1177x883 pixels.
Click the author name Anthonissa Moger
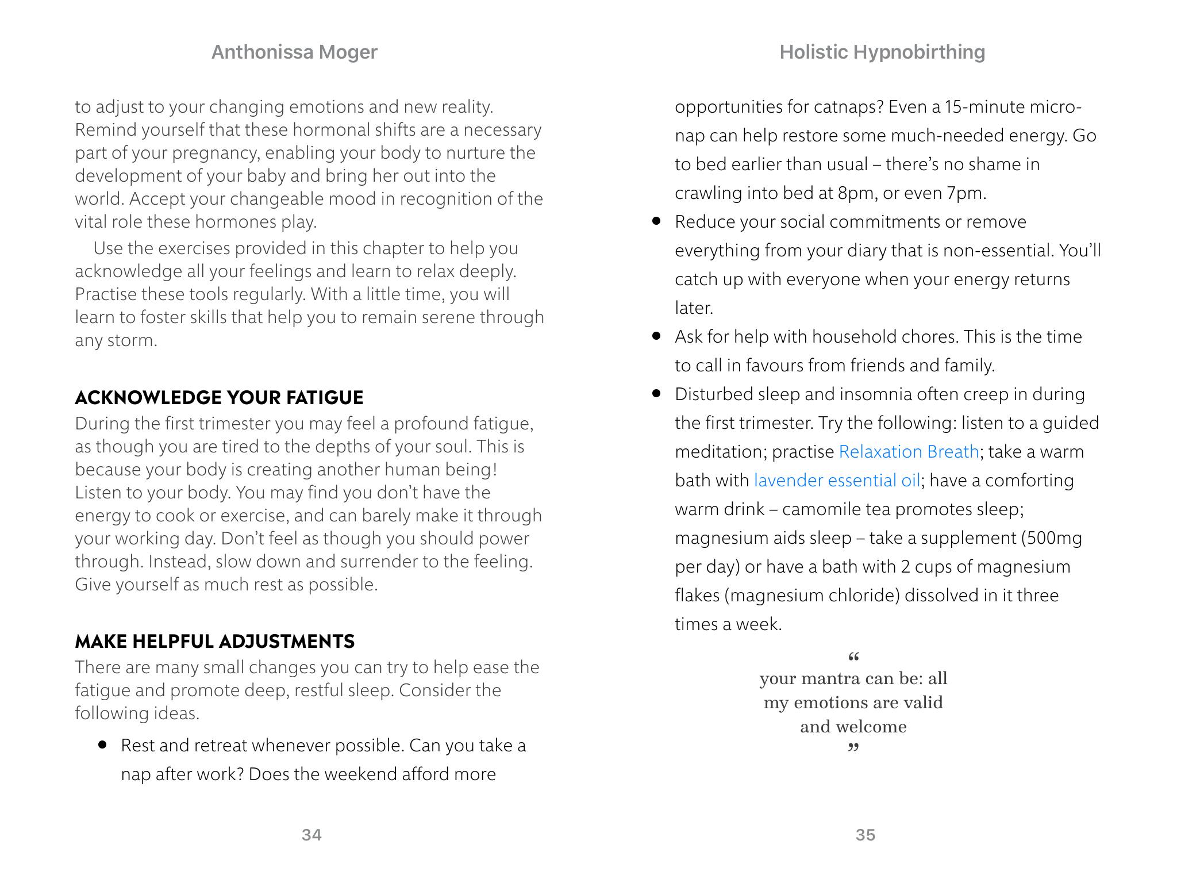[x=294, y=52]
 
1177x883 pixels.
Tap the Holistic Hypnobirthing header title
[x=882, y=52]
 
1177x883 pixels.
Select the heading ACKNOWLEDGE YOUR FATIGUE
[x=219, y=398]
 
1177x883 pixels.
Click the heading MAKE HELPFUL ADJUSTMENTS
[x=215, y=642]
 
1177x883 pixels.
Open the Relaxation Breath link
[x=909, y=452]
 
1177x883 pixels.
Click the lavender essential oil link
[x=837, y=481]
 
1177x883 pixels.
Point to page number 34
[x=311, y=835]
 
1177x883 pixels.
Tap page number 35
[x=866, y=835]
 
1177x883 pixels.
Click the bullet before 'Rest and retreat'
[x=103, y=745]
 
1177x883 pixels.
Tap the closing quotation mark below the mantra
[x=853, y=748]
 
